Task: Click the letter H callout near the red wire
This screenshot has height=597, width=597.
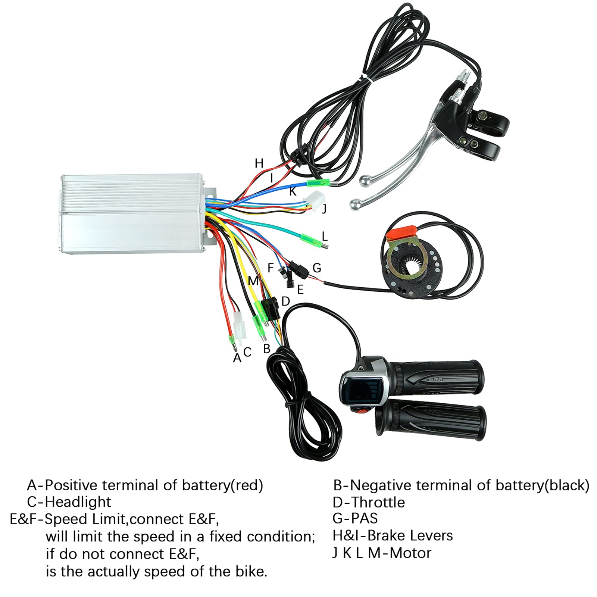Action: point(259,163)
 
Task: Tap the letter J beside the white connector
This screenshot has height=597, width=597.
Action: point(324,208)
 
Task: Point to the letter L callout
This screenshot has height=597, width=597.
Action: point(325,236)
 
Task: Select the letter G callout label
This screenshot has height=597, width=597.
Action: point(316,268)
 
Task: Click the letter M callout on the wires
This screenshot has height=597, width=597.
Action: point(253,281)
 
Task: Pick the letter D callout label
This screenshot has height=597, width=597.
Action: point(285,301)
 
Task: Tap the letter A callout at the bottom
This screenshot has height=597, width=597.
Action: point(237,358)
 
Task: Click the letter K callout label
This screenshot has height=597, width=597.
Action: point(293,191)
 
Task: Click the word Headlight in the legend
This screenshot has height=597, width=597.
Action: point(78,502)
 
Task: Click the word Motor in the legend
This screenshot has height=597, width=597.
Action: point(410,553)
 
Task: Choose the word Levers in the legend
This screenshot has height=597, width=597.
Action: point(429,535)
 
